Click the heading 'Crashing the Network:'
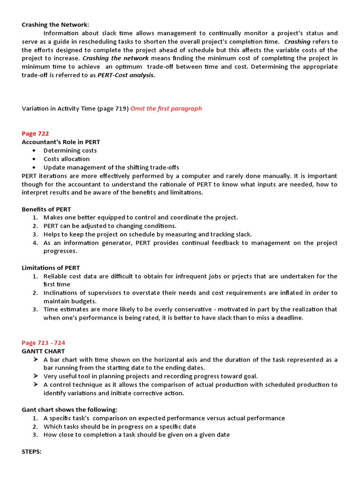pyautogui.click(x=55, y=25)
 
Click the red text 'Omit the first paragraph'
pyautogui.click(x=166, y=109)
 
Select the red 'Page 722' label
pyautogui.click(x=35, y=134)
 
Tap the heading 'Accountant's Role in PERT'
pyautogui.click(x=61, y=142)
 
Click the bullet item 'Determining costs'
pyautogui.click(x=70, y=150)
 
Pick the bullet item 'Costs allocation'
pyautogui.click(x=67, y=159)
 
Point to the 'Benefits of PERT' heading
pyautogui.click(x=46, y=209)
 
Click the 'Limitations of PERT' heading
pyautogui.click(x=51, y=268)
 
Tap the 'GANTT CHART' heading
pyautogui.click(x=43, y=351)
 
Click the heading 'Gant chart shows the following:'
pyautogui.click(x=70, y=410)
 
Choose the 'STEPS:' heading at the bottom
pyautogui.click(x=32, y=452)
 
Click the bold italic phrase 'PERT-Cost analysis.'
pyautogui.click(x=126, y=75)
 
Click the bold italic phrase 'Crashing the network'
pyautogui.click(x=116, y=58)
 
